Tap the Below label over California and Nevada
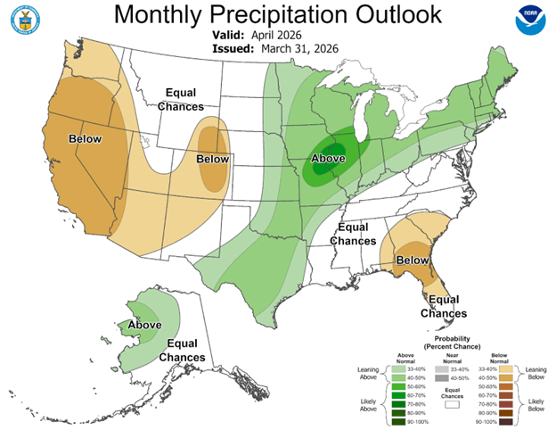pyautogui.click(x=84, y=139)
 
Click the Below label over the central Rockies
pyautogui.click(x=212, y=159)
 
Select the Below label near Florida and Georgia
pyautogui.click(x=413, y=260)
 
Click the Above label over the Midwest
pyautogui.click(x=327, y=160)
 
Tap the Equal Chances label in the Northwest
pyautogui.click(x=184, y=100)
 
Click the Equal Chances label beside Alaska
pyautogui.click(x=182, y=351)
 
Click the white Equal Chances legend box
pyautogui.click(x=454, y=403)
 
